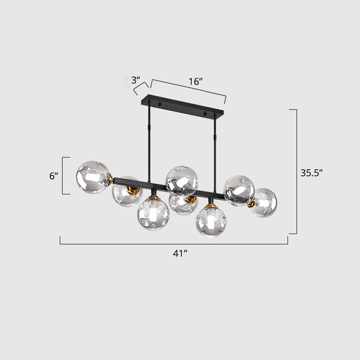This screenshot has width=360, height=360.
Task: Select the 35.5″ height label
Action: tap(312, 172)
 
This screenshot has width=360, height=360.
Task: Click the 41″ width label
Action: tap(180, 253)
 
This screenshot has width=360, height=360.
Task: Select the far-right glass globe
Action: tap(263, 202)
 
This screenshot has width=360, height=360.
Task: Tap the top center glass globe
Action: tap(182, 181)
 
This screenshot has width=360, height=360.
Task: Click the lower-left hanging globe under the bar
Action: tap(153, 215)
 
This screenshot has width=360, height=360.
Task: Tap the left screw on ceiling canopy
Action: tap(158, 105)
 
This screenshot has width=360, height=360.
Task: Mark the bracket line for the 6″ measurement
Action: tap(63, 176)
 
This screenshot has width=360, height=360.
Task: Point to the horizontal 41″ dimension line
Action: tap(174, 243)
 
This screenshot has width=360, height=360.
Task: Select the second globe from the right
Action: tap(238, 190)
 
